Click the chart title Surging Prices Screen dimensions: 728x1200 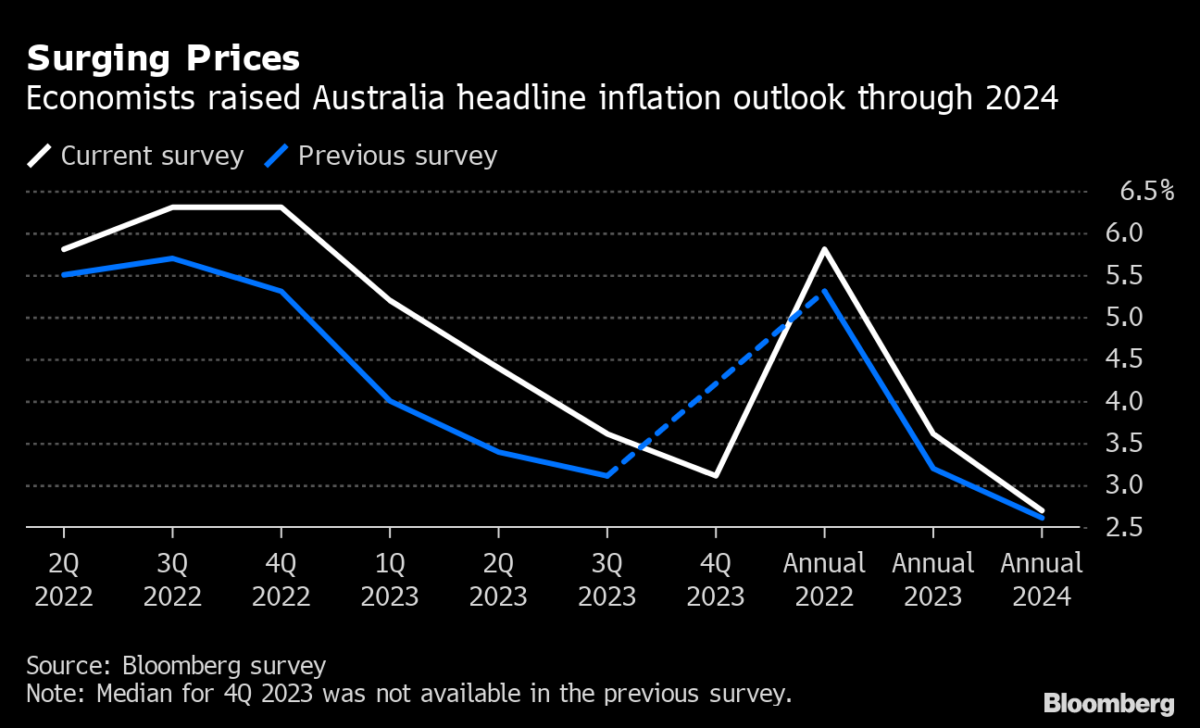163,59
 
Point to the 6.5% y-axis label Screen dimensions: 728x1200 1146,192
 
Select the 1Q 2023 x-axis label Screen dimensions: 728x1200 390,579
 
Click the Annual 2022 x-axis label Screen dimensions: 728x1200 824,579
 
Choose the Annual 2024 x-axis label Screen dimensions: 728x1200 1042,579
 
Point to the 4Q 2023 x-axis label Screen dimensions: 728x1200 716,579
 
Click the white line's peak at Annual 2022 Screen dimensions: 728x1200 824,249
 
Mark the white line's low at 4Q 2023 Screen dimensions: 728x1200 716,476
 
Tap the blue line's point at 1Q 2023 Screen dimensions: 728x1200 390,401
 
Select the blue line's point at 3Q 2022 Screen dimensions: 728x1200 172,257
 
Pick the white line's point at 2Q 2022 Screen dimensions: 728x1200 64,250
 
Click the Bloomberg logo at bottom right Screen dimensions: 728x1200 1108,704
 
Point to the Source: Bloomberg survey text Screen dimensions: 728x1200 176,665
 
